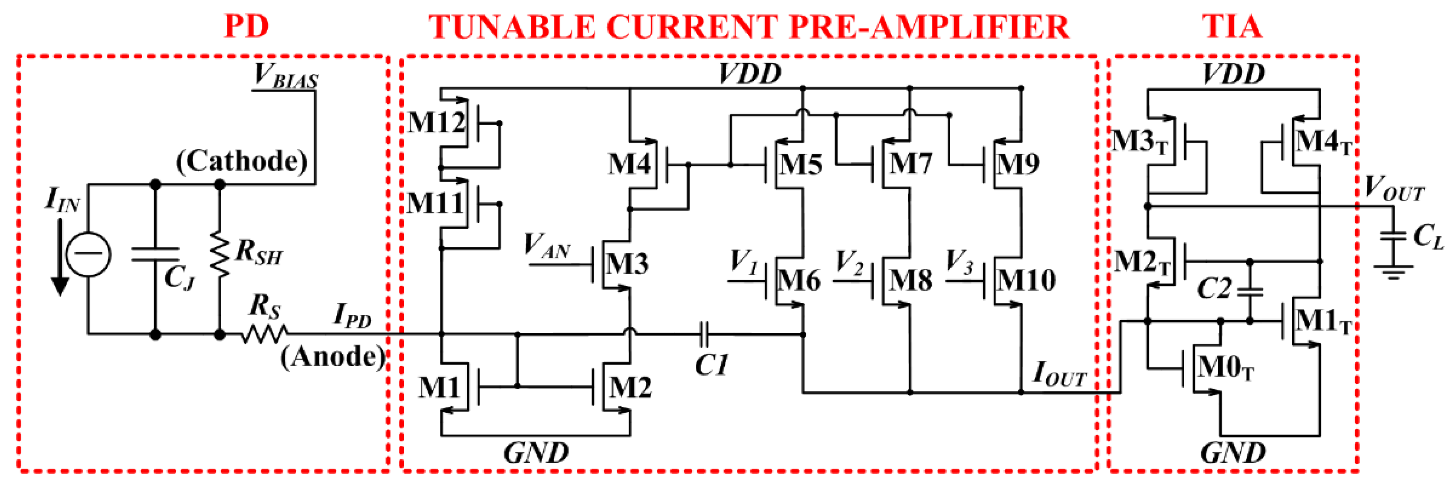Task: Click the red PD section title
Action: point(246,26)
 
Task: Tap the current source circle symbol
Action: point(88,254)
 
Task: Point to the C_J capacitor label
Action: point(179,277)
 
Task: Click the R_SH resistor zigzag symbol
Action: point(220,254)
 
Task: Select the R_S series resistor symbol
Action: point(265,335)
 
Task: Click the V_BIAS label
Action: point(285,76)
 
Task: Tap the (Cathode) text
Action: point(241,162)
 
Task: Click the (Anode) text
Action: point(333,357)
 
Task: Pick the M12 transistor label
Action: point(436,122)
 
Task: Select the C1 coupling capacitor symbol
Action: point(704,335)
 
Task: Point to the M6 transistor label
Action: point(799,280)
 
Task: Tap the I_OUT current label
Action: point(1058,374)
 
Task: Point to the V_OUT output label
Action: point(1394,189)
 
